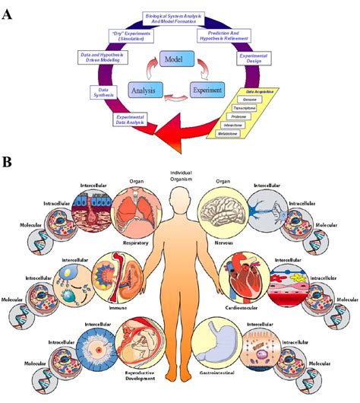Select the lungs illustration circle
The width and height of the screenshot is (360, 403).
tap(137, 216)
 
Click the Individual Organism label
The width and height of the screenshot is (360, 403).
tap(182, 178)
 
